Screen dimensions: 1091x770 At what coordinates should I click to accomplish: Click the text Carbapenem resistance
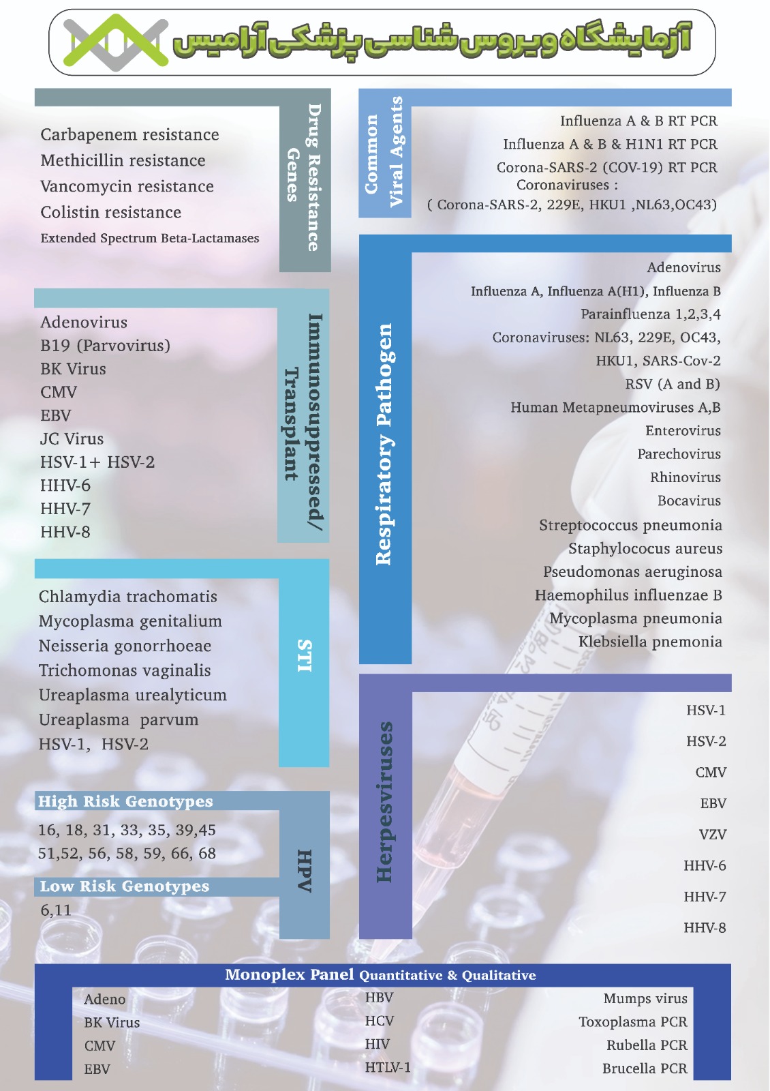(x=129, y=135)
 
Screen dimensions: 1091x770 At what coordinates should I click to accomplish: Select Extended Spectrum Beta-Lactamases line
(x=149, y=239)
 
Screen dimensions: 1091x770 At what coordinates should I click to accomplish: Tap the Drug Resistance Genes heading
(x=304, y=177)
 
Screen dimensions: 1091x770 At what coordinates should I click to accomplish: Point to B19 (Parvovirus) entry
(x=105, y=346)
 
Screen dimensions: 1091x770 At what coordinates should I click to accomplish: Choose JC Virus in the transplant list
(x=72, y=439)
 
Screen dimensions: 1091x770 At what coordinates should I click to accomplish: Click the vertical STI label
(x=304, y=656)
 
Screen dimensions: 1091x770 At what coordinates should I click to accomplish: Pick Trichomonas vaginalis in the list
(x=125, y=671)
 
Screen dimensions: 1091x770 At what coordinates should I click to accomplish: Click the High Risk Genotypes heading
(x=125, y=802)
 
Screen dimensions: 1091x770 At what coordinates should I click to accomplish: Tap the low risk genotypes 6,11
(x=55, y=910)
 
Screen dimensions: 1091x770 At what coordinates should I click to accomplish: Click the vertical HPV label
(x=304, y=871)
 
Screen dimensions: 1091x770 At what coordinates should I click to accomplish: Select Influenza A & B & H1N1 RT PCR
(x=610, y=145)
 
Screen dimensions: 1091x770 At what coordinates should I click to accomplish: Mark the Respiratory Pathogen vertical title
(x=384, y=443)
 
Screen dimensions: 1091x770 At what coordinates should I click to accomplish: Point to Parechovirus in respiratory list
(x=679, y=454)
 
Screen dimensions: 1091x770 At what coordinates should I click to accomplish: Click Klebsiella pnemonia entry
(x=650, y=642)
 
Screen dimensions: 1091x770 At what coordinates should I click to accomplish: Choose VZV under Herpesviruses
(x=713, y=835)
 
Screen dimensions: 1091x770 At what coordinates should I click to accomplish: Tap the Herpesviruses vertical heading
(x=384, y=802)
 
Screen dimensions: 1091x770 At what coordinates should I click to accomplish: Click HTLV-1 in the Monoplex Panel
(x=388, y=1068)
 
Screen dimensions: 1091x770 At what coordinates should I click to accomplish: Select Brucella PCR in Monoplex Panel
(x=645, y=1069)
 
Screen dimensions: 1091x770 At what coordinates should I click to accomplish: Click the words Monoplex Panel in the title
(x=289, y=975)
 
